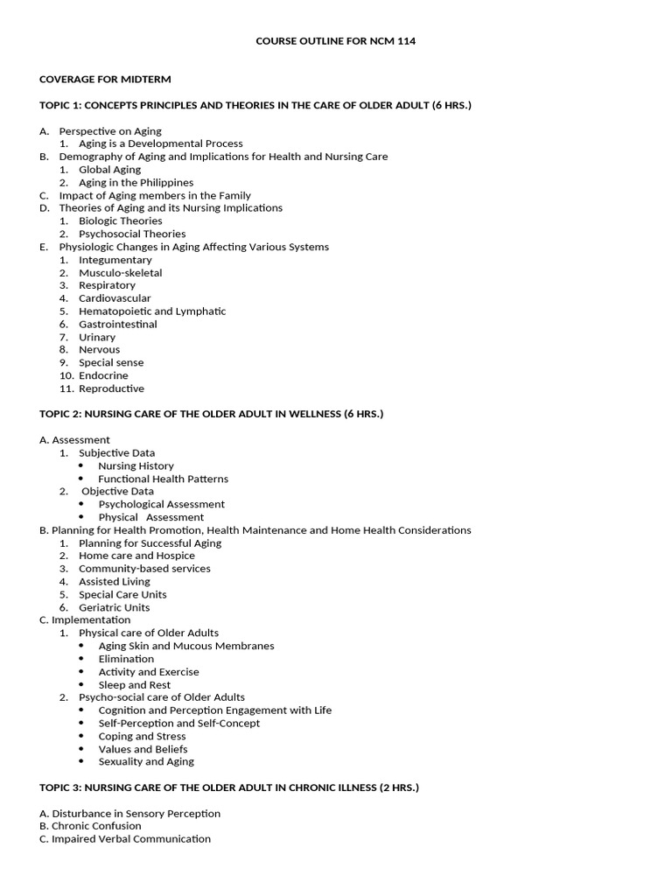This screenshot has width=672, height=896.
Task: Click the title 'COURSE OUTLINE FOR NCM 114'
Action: point(335,41)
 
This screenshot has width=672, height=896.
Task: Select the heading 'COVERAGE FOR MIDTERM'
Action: point(105,80)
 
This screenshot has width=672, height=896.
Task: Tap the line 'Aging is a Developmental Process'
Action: point(161,143)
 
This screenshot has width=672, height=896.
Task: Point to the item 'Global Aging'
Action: point(109,170)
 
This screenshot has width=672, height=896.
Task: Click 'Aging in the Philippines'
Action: point(136,183)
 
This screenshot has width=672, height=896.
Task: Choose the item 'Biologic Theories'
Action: point(120,221)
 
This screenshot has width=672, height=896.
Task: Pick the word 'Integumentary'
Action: point(115,260)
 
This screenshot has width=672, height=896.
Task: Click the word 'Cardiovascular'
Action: point(115,298)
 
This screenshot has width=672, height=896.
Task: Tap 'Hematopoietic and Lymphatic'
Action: point(152,311)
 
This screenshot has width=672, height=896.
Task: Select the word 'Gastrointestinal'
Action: point(118,325)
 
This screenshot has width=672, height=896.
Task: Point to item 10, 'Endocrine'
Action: point(103,376)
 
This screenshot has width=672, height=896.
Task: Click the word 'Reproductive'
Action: point(111,388)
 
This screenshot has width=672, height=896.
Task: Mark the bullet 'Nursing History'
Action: point(136,466)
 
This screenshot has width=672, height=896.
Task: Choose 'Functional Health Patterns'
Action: point(163,479)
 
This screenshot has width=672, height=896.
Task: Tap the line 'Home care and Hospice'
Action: point(136,556)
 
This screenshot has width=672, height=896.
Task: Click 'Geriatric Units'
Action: point(114,607)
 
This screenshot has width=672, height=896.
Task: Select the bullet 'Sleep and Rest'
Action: point(135,685)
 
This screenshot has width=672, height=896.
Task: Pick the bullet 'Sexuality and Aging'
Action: point(146,762)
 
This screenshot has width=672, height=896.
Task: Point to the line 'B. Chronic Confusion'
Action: point(90,826)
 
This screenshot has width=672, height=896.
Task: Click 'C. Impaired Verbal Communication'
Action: point(125,839)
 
